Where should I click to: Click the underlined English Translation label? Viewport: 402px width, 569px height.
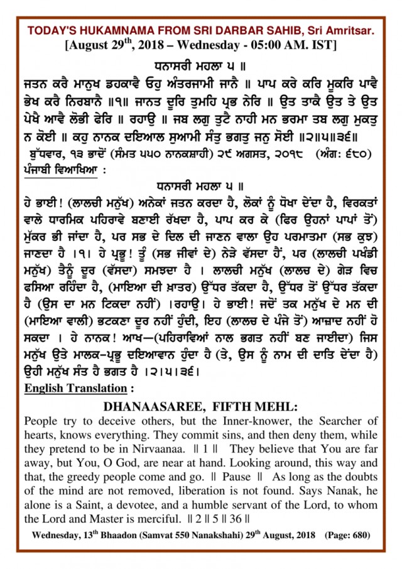pyautogui.click(x=75, y=389)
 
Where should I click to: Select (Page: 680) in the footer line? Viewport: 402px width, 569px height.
pyautogui.click(x=347, y=536)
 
